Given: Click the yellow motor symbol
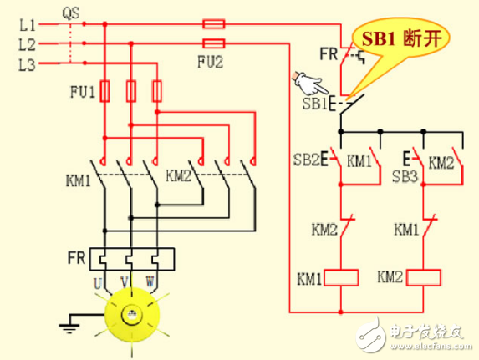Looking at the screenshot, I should point(132,315).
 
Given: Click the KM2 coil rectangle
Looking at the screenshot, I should point(423,276).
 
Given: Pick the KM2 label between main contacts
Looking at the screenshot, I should point(179,175).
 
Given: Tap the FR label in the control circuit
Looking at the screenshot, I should point(329,56).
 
